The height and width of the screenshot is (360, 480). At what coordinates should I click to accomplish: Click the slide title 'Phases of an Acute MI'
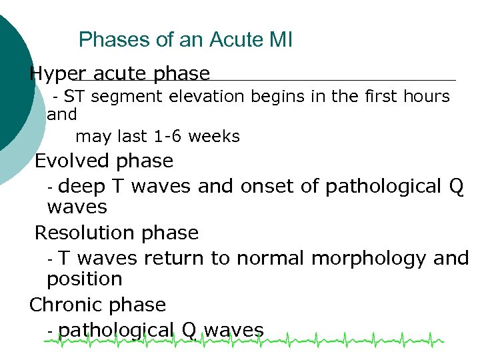(x=185, y=40)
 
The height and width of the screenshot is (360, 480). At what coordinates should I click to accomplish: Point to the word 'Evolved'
(x=72, y=161)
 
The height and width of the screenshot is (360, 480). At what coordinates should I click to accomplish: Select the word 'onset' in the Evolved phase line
(x=267, y=186)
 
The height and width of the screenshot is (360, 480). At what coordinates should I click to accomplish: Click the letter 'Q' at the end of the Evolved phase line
(x=457, y=186)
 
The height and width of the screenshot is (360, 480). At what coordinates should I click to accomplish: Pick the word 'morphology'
(x=363, y=258)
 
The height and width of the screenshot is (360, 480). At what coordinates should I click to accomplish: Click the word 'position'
(x=84, y=279)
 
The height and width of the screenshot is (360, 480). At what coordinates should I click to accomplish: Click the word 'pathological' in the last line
(x=116, y=330)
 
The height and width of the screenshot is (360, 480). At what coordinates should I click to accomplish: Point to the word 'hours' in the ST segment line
(x=427, y=97)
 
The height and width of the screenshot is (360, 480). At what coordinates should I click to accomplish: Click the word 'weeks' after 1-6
(x=214, y=137)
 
